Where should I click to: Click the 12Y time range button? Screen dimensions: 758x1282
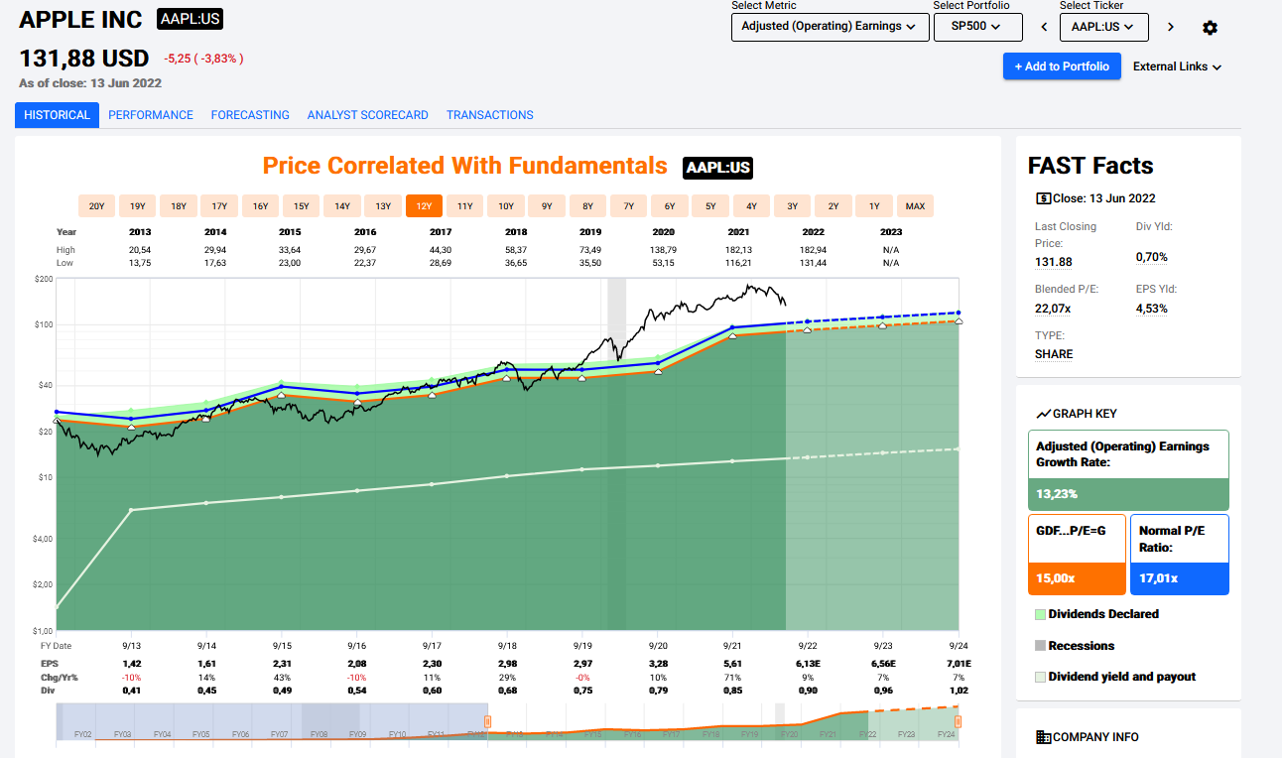[x=424, y=206]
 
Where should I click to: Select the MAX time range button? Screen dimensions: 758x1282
[x=915, y=206]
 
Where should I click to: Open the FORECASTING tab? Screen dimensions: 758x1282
[x=250, y=115]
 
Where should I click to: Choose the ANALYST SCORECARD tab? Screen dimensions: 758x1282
[x=367, y=115]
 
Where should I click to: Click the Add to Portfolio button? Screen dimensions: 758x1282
[x=1062, y=66]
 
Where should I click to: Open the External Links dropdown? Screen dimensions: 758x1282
[x=1177, y=66]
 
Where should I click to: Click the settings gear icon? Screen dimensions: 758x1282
[x=1210, y=28]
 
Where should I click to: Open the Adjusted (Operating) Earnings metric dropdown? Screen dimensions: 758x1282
[x=829, y=27]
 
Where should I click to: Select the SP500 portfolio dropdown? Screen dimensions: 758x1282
[x=977, y=27]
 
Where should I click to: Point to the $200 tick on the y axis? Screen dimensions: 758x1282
[x=45, y=279]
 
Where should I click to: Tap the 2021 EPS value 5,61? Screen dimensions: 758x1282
[x=732, y=663]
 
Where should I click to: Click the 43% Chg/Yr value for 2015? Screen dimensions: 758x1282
[x=283, y=677]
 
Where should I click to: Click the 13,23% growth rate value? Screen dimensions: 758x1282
[x=1058, y=494]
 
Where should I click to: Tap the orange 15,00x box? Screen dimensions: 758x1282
[x=1077, y=578]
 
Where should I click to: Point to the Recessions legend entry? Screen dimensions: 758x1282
[x=1081, y=646]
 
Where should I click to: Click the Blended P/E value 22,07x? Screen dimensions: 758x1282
[x=1053, y=309]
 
